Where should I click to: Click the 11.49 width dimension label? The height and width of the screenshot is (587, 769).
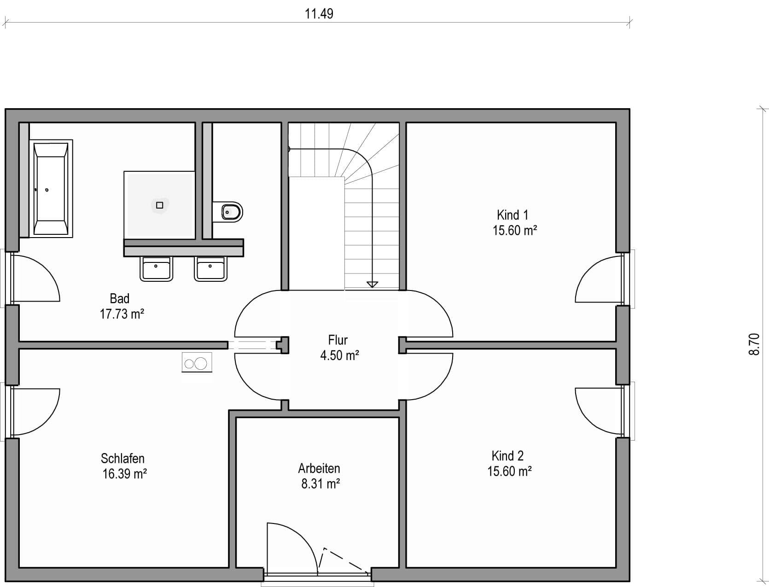[x=319, y=14]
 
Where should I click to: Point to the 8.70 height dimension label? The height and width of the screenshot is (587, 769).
[x=754, y=344]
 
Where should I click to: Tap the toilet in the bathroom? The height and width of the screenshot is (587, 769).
[x=228, y=212]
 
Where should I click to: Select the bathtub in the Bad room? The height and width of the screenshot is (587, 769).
[x=51, y=189]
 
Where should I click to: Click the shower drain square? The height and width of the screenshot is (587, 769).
[x=160, y=205]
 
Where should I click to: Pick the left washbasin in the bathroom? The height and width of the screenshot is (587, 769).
[x=156, y=268]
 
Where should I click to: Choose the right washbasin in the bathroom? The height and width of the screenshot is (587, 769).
[x=210, y=268]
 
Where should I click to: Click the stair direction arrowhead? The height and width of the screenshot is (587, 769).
[x=372, y=285]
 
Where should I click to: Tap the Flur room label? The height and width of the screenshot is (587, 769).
[x=338, y=340]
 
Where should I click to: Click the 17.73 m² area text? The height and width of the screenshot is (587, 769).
[x=122, y=314]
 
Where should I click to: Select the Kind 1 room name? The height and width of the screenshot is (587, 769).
[x=513, y=215]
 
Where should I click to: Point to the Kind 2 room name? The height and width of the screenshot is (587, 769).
[x=507, y=456]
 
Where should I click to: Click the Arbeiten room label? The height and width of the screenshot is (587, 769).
[x=319, y=468]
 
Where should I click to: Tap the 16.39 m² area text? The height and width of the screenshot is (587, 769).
[x=124, y=474]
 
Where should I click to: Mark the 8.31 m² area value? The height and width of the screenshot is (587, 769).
[x=320, y=484]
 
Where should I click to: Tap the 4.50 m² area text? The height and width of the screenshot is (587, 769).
[x=339, y=355]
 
